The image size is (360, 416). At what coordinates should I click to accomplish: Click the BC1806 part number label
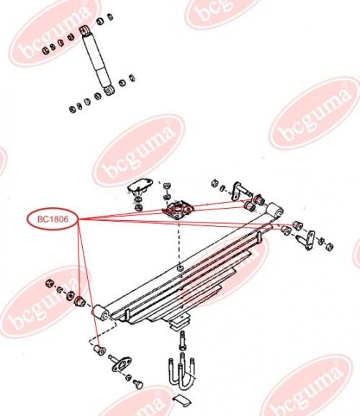(x=53, y=219)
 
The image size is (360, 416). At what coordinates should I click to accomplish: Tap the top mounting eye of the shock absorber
(x=85, y=30)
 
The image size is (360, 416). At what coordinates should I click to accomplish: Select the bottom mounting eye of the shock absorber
(x=109, y=91)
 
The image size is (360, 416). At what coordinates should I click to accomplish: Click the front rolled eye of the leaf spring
(x=99, y=313)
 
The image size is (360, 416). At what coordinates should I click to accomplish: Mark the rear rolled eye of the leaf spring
(x=274, y=210)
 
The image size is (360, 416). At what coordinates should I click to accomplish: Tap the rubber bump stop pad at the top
(x=140, y=184)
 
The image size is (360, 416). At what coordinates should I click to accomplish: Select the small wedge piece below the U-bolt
(x=182, y=400)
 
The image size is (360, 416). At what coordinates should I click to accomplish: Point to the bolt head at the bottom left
(x=138, y=384)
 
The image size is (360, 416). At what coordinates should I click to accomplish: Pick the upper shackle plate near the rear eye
(x=237, y=191)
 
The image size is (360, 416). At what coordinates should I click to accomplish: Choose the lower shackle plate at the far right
(x=307, y=240)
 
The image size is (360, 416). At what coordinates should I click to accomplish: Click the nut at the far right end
(x=329, y=247)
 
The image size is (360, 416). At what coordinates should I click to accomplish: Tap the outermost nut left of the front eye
(x=50, y=284)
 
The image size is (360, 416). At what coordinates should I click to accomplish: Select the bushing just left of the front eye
(x=79, y=301)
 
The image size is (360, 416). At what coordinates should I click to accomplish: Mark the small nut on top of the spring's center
(x=180, y=268)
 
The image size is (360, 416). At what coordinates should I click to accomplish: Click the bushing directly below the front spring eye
(x=100, y=351)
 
